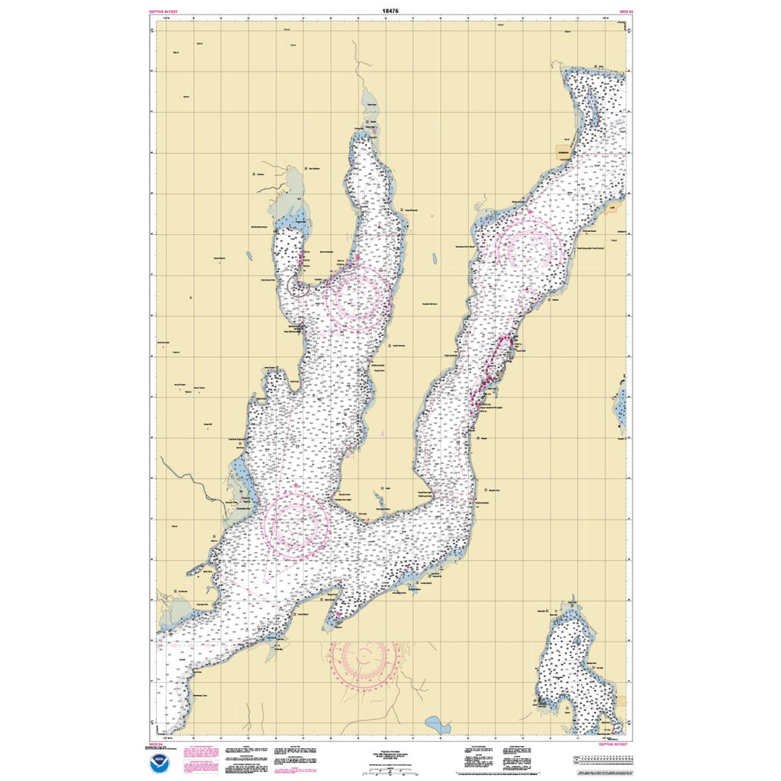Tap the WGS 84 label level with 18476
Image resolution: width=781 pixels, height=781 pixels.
[625, 12]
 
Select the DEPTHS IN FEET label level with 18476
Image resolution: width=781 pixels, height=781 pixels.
[162, 12]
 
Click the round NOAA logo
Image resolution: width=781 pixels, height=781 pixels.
[159, 758]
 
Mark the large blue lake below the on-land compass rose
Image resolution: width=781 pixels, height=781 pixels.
[438, 726]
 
